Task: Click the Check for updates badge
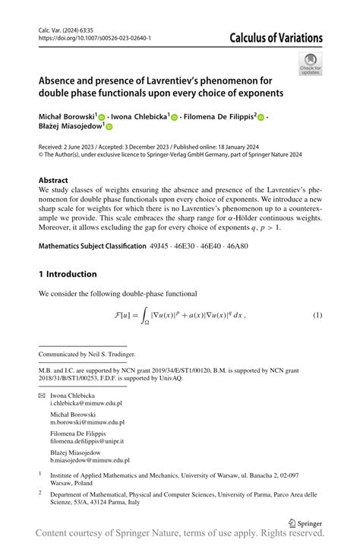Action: coord(310,64)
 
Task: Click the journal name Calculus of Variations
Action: coord(272,38)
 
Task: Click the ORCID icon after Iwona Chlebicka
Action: coord(174,118)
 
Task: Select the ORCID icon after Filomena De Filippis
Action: coord(261,118)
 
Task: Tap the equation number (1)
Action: coord(317,314)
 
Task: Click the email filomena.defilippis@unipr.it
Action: coord(87,440)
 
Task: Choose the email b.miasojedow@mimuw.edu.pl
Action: coord(90,459)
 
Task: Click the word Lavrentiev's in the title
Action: coord(190,80)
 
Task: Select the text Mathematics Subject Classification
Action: coord(91,247)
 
